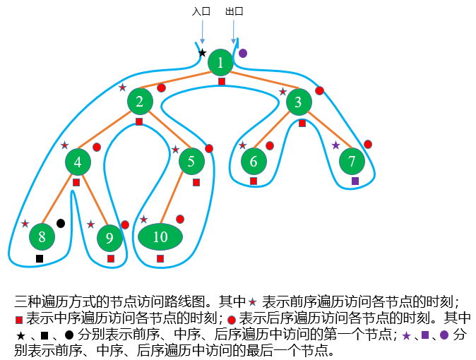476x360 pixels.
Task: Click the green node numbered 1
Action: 220,63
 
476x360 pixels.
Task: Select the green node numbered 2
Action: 140,101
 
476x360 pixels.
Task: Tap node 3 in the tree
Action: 299,102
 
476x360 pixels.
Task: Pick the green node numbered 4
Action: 78,162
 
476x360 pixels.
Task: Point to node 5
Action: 191,162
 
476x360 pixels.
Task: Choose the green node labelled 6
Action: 254,162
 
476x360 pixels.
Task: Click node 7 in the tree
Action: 352,162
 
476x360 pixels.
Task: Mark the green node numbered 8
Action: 42,236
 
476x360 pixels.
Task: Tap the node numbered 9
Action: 109,238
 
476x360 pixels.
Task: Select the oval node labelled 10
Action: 160,236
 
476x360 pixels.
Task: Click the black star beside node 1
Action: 202,53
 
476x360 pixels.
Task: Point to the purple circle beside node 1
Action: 243,53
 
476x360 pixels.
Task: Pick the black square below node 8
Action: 40,258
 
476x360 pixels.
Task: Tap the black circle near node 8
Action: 61,223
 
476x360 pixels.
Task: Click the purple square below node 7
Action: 355,181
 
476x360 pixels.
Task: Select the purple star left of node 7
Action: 335,145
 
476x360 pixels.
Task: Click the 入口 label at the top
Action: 201,12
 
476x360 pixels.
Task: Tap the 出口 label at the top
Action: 234,12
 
